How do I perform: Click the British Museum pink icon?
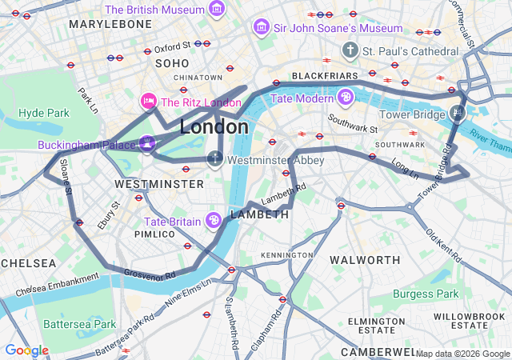[x=216, y=10]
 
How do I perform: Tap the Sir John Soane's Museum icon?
[x=261, y=28]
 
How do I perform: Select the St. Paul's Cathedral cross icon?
[x=349, y=51]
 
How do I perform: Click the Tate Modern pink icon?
[x=345, y=98]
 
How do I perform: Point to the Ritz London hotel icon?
[x=148, y=102]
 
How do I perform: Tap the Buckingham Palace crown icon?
[x=147, y=145]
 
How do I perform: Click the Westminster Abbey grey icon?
[x=214, y=159]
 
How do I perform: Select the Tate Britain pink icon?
[x=214, y=220]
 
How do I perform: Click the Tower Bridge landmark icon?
[x=457, y=114]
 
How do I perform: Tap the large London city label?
[x=214, y=127]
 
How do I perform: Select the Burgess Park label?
[x=425, y=294]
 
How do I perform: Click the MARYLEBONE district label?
[x=110, y=24]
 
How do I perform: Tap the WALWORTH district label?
[x=365, y=260]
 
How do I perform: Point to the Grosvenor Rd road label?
[x=150, y=275]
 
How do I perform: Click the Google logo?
[x=26, y=350]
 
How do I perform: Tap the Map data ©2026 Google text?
[x=462, y=354]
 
